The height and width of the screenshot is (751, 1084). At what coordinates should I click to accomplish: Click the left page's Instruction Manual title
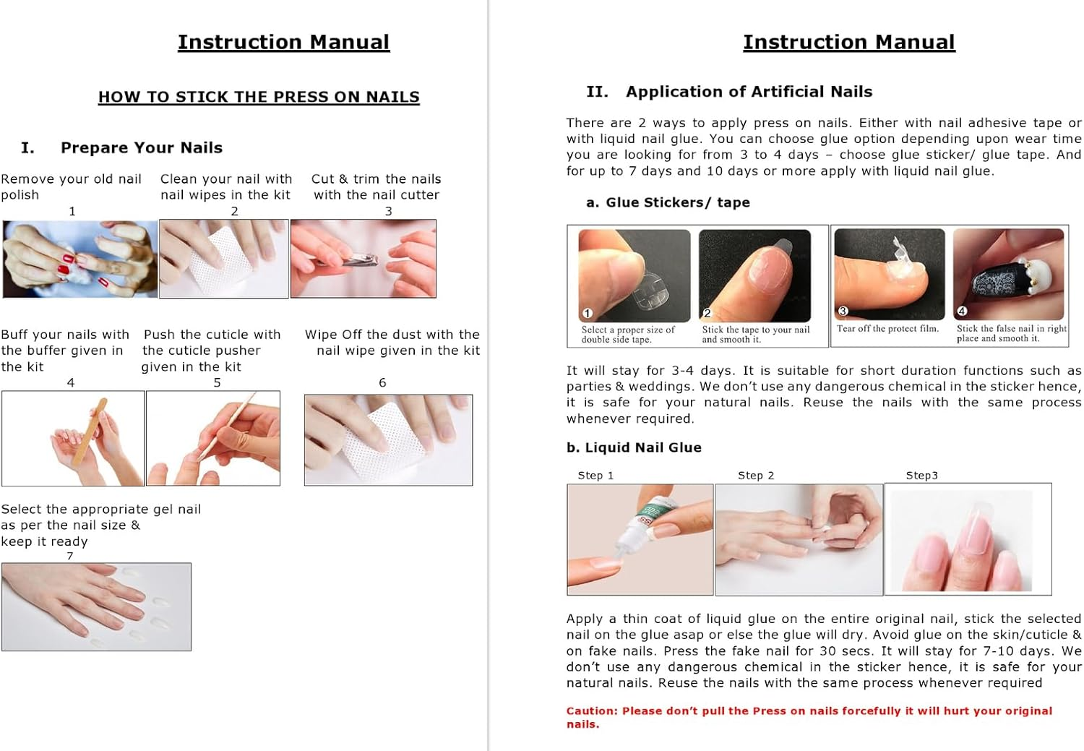283,42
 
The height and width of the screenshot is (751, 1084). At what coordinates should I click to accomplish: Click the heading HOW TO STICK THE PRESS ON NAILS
259,97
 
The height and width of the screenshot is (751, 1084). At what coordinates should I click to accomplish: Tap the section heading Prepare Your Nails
141,147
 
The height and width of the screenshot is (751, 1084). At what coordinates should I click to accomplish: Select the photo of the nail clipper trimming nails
363,259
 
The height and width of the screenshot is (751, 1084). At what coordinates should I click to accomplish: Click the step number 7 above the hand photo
70,556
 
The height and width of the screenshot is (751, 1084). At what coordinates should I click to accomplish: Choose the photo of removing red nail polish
79,259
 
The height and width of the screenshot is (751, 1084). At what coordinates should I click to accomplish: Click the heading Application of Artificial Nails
749,92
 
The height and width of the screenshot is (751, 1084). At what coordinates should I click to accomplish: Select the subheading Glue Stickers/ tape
677,202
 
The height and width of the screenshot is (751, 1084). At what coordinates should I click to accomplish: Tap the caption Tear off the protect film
887,329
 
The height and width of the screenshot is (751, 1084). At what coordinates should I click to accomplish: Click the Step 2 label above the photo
755,475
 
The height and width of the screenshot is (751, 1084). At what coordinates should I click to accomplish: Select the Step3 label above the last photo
921,475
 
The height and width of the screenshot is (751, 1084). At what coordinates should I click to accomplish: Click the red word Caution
591,711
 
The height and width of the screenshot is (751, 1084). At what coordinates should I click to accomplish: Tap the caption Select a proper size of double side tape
627,334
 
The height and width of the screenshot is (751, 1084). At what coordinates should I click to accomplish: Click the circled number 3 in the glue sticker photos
843,311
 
